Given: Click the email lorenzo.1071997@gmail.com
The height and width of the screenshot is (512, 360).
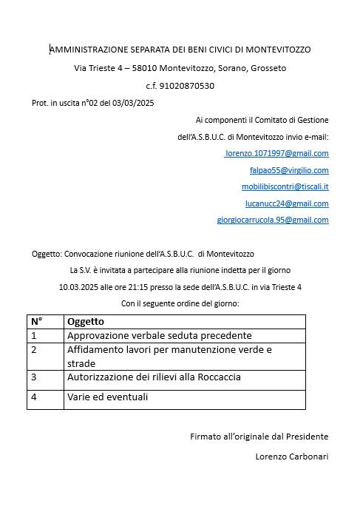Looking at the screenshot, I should [x=277, y=153].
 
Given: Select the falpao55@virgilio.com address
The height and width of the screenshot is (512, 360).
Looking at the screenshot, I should [x=289, y=170].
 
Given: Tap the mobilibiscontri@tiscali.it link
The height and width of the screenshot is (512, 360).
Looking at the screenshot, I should [x=285, y=186].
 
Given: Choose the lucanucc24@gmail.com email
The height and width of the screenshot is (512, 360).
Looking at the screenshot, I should [x=287, y=203].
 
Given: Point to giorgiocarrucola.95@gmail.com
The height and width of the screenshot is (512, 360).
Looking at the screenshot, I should [x=273, y=220].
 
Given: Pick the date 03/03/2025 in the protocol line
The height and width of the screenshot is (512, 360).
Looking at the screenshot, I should [x=135, y=103].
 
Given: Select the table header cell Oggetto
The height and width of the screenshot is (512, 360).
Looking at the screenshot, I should [x=86, y=322].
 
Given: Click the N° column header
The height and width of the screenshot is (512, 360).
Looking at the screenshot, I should [x=36, y=322].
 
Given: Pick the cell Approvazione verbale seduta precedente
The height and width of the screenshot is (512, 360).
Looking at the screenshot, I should [x=159, y=335].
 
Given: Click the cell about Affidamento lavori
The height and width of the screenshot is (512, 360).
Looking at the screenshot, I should [x=169, y=356].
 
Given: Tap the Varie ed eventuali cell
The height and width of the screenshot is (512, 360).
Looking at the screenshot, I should [x=107, y=397].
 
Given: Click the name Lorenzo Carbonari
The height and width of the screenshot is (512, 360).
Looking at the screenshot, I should [x=291, y=457].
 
